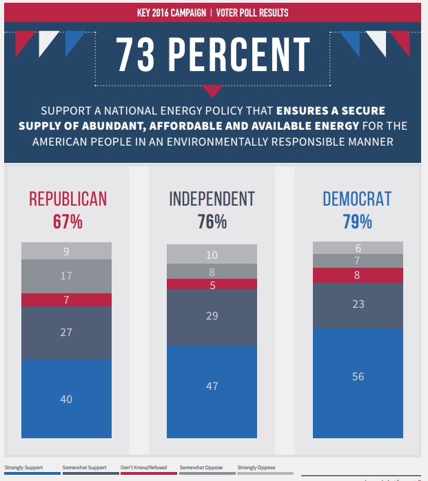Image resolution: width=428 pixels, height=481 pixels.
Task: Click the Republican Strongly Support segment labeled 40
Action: coord(66,399)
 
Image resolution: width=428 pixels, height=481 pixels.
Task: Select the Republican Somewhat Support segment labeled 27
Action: coord(66,333)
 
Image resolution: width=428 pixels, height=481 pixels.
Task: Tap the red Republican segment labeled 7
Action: coord(66,300)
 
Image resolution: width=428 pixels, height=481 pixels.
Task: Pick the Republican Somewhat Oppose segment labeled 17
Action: coord(66,276)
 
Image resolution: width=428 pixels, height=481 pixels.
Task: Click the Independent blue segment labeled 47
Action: coord(212,386)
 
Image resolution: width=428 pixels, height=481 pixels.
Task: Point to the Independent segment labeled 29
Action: coord(212,316)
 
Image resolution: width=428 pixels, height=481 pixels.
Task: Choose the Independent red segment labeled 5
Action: coord(212,284)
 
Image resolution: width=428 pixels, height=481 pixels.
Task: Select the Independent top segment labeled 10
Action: coord(212,255)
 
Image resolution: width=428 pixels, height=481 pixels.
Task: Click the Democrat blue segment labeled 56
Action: coord(358,377)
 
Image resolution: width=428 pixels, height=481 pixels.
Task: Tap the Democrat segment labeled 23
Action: coord(358,304)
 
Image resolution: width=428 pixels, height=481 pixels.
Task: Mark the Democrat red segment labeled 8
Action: coord(358,275)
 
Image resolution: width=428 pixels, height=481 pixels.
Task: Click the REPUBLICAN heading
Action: coord(68,199)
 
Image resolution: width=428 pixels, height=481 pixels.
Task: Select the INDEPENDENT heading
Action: coord(212,199)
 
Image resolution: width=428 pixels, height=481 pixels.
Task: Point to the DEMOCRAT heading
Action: coord(357,199)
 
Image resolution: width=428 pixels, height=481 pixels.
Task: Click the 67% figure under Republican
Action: coord(68,222)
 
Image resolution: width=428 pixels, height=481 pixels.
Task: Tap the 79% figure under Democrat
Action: coord(357,222)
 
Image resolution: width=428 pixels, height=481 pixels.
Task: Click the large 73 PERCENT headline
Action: coord(213,55)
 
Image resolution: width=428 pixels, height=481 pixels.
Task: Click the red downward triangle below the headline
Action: coord(213,90)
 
